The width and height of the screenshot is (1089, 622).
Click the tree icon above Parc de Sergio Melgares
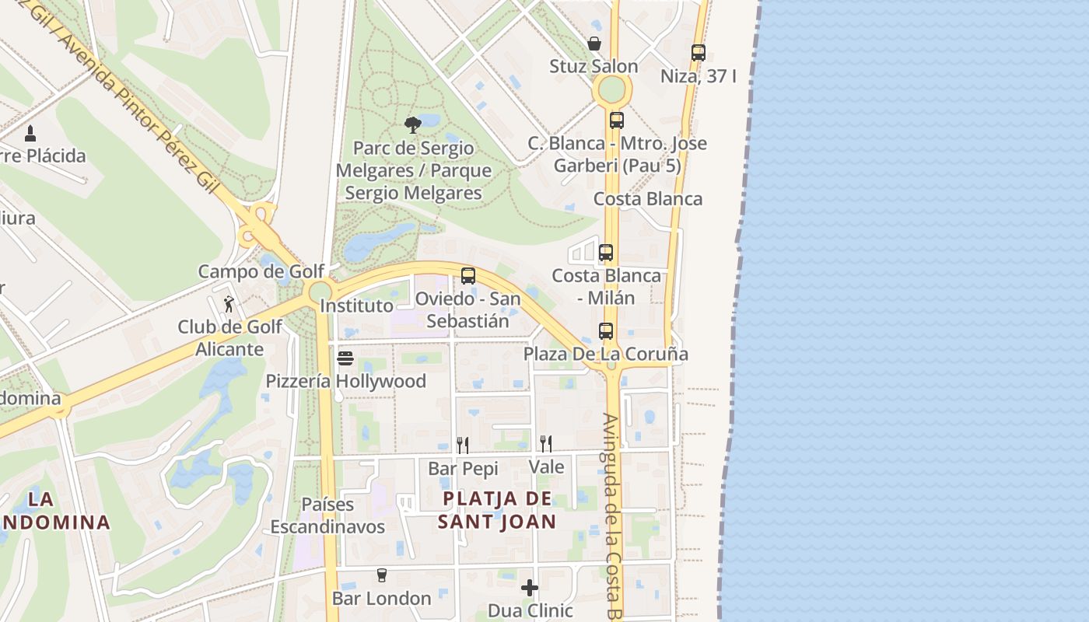point(413,124)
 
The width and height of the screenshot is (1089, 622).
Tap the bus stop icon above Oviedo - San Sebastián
point(467,276)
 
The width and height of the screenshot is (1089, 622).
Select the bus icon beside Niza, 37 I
point(698,53)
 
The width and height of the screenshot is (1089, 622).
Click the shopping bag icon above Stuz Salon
point(594,44)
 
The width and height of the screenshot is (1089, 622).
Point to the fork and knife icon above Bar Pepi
point(463,445)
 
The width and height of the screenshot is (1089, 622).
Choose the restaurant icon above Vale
point(546,444)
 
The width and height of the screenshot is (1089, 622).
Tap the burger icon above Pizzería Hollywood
point(345,358)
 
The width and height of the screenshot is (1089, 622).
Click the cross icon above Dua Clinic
point(530,588)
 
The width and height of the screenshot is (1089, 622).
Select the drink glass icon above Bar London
point(381,575)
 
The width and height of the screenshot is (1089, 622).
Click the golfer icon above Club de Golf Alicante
point(229,304)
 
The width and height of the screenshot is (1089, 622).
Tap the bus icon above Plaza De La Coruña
point(606,331)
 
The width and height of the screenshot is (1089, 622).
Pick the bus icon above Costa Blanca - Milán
point(606,253)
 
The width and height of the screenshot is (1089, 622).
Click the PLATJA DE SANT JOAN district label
point(496,510)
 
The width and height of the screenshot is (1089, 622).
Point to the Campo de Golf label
point(261,271)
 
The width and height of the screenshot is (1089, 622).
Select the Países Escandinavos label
point(327,515)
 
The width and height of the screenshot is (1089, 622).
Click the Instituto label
point(357,306)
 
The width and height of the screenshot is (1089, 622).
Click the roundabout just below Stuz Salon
point(612,90)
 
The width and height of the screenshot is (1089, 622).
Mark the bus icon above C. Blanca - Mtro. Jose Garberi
point(617,121)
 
